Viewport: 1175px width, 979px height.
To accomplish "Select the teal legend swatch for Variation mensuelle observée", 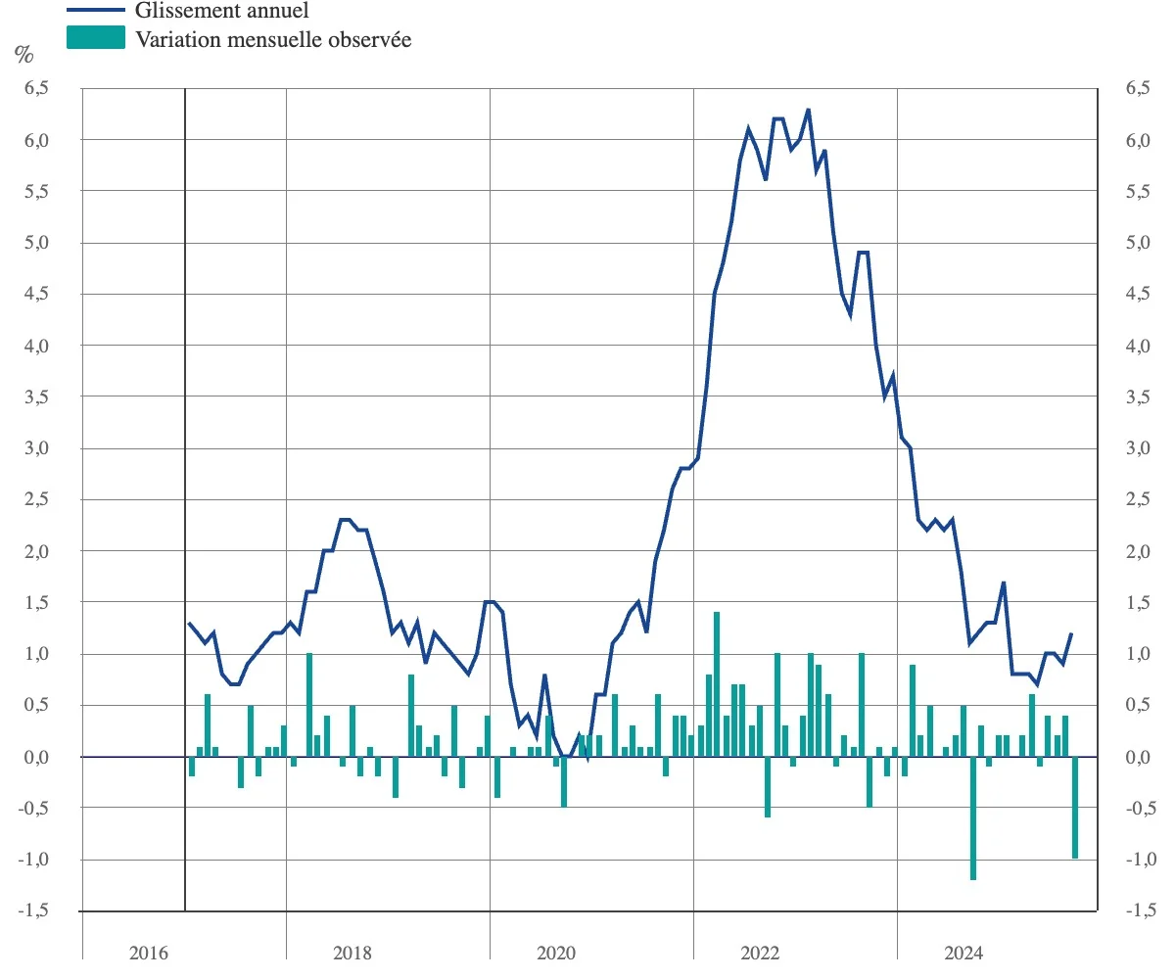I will tap(96, 39).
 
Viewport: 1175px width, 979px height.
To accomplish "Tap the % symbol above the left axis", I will tap(23, 55).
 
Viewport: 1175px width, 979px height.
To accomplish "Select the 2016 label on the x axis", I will tap(149, 954).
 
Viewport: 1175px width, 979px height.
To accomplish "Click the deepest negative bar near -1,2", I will tap(973, 817).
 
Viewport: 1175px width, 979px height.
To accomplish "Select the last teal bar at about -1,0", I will tap(1075, 808).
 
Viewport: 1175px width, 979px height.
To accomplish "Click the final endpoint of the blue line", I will tap(1072, 633).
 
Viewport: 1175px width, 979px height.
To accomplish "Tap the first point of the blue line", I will tap(189, 623).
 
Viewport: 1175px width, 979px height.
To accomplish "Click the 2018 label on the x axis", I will tap(352, 954).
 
